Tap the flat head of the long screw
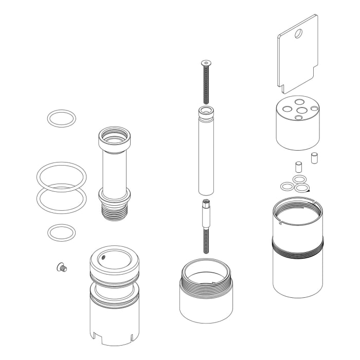(205, 63)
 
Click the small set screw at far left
(62, 267)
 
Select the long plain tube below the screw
(205, 154)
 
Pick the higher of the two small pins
(314, 158)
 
